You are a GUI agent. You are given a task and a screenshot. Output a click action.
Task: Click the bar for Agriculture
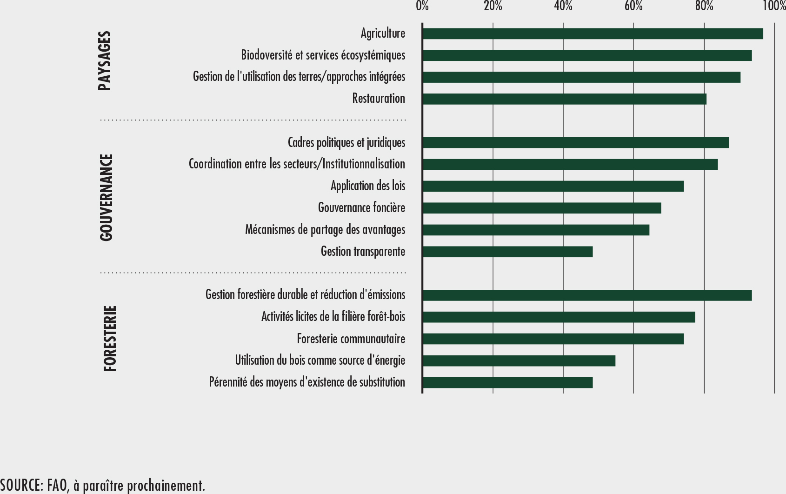tap(593, 34)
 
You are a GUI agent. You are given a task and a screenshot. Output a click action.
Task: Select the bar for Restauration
tap(564, 99)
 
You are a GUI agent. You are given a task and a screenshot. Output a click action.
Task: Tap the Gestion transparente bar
tap(507, 252)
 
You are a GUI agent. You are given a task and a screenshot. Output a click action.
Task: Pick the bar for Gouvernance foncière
tap(541, 208)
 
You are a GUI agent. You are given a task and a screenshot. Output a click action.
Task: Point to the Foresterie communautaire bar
tap(553, 339)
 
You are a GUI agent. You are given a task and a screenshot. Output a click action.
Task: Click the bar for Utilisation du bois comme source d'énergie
tap(519, 360)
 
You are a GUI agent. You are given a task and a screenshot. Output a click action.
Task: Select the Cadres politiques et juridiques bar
tap(576, 143)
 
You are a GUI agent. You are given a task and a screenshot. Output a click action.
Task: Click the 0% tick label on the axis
tap(422, 6)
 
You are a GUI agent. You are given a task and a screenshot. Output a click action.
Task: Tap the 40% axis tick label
tap(563, 6)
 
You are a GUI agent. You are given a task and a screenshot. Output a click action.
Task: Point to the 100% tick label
tap(774, 6)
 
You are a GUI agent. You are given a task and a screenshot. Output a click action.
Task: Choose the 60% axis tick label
tap(633, 6)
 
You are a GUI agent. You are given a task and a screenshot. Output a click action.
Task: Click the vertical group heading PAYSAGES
tap(105, 61)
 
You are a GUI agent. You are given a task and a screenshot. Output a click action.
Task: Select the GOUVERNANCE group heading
tap(107, 197)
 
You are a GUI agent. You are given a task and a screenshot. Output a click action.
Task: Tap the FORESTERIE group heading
tap(110, 338)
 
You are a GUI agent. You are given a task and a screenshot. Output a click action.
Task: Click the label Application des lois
tap(367, 186)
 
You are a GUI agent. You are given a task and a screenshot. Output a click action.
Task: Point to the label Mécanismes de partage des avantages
tap(325, 230)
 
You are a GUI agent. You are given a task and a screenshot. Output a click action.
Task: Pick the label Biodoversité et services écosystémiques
tap(323, 55)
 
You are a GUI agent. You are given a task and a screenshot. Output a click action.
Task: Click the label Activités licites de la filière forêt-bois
tap(333, 317)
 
